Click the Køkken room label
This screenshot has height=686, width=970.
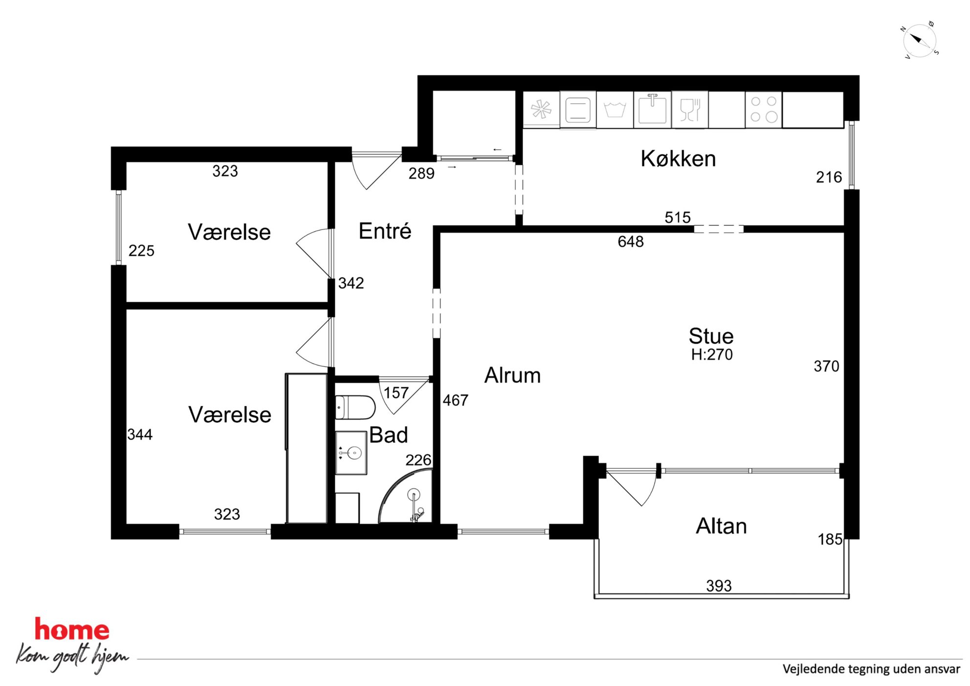pyautogui.click(x=678, y=159)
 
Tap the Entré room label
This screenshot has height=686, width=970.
pyautogui.click(x=385, y=231)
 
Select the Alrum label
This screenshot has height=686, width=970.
pyautogui.click(x=512, y=376)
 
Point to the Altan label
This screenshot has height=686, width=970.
pyautogui.click(x=721, y=526)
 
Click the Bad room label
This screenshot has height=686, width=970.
pyautogui.click(x=388, y=435)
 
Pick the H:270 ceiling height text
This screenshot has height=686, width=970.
pyautogui.click(x=712, y=354)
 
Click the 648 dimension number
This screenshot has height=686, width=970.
pyautogui.click(x=631, y=242)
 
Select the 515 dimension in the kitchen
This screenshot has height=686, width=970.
pyautogui.click(x=678, y=217)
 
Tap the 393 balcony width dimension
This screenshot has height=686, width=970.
pyautogui.click(x=719, y=586)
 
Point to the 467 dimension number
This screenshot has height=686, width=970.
pyautogui.click(x=456, y=400)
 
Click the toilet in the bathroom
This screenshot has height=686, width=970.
pyautogui.click(x=355, y=407)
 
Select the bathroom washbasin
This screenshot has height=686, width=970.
pyautogui.click(x=351, y=453)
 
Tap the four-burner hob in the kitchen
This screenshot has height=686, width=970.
pyautogui.click(x=764, y=109)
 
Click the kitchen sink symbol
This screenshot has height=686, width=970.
pyautogui.click(x=653, y=108)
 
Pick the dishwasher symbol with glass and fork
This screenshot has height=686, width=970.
pyautogui.click(x=690, y=110)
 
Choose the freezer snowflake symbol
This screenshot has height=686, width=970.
pyautogui.click(x=541, y=109)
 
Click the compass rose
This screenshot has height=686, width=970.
pyautogui.click(x=920, y=40)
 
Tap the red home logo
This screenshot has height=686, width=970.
pyautogui.click(x=72, y=630)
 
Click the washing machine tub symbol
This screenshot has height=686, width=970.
pyautogui.click(x=615, y=110)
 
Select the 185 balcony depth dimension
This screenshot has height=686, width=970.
pyautogui.click(x=830, y=539)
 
